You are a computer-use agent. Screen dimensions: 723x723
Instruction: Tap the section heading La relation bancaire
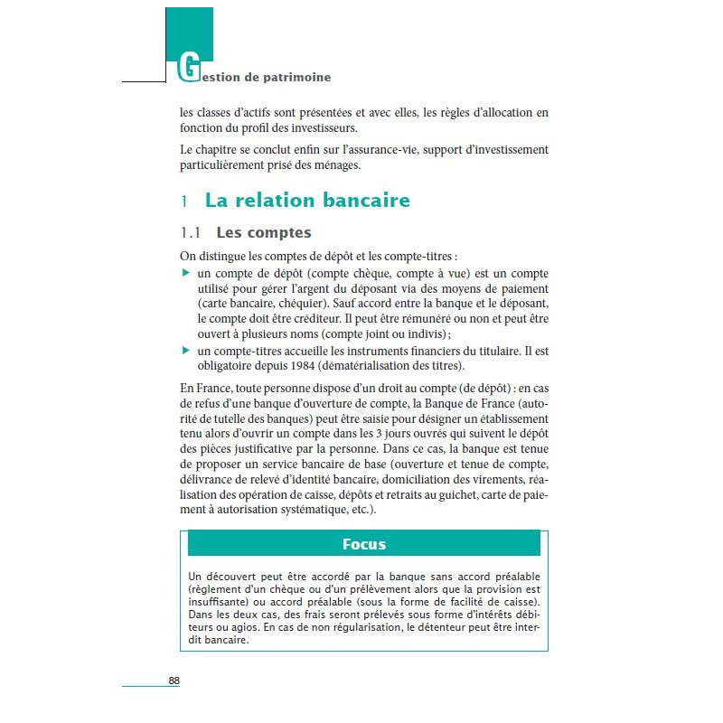click(307, 200)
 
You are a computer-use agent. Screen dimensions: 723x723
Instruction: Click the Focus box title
click(363, 544)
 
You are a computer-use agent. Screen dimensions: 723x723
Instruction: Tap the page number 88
click(174, 681)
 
